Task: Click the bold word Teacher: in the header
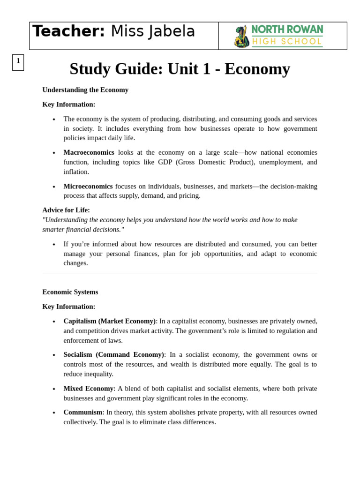tap(68, 31)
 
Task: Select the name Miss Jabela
tap(153, 31)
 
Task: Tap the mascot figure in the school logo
tap(241, 37)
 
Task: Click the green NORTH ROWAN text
tap(287, 30)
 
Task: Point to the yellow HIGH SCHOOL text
tap(287, 42)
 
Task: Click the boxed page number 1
tap(18, 61)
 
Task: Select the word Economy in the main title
tap(257, 69)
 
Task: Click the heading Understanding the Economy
tap(85, 90)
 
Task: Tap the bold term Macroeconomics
tap(89, 152)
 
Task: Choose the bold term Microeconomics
tap(88, 186)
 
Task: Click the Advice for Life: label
tap(66, 210)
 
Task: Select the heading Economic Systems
tap(70, 292)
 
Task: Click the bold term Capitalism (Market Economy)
tap(109, 321)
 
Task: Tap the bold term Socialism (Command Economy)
tap(113, 354)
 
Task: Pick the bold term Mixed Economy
tap(89, 389)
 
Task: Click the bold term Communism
tap(83, 412)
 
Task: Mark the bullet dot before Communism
tap(54, 413)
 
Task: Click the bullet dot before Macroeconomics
tap(54, 153)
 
